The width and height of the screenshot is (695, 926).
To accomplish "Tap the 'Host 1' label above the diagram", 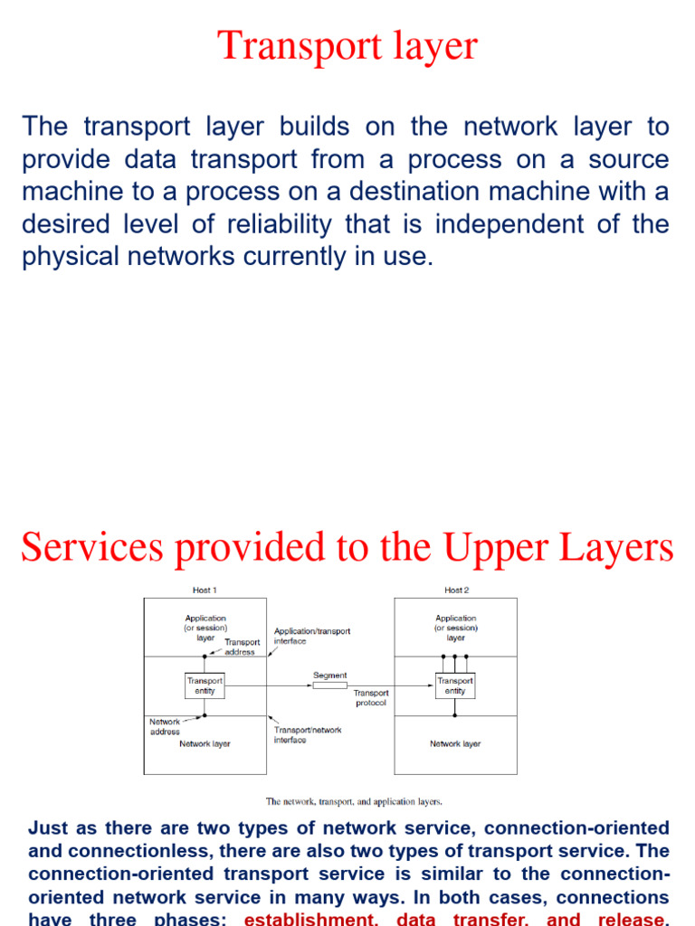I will pyautogui.click(x=205, y=591).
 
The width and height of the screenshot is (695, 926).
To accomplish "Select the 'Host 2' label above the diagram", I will pyautogui.click(x=456, y=591).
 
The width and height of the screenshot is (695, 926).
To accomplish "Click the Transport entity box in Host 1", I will pyautogui.click(x=205, y=685).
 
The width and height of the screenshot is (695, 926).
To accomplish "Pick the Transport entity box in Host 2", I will pyautogui.click(x=455, y=685).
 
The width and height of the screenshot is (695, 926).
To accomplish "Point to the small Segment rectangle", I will pyautogui.click(x=329, y=686).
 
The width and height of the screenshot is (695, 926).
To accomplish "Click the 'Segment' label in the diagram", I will pyautogui.click(x=329, y=675).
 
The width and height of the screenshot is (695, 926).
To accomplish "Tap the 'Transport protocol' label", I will pyautogui.click(x=371, y=698).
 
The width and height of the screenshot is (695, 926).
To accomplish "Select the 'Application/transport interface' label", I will pyautogui.click(x=311, y=636).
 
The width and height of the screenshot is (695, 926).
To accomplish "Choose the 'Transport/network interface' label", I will pyautogui.click(x=308, y=734).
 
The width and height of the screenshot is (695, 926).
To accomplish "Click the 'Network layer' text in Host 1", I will pyautogui.click(x=205, y=744).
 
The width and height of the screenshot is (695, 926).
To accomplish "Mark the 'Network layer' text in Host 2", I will pyautogui.click(x=455, y=744).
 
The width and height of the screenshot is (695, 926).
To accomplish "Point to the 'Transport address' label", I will pyautogui.click(x=241, y=647).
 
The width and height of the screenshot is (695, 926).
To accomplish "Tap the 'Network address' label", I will pyautogui.click(x=165, y=727).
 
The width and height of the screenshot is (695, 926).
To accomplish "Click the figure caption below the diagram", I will pyautogui.click(x=354, y=801).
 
